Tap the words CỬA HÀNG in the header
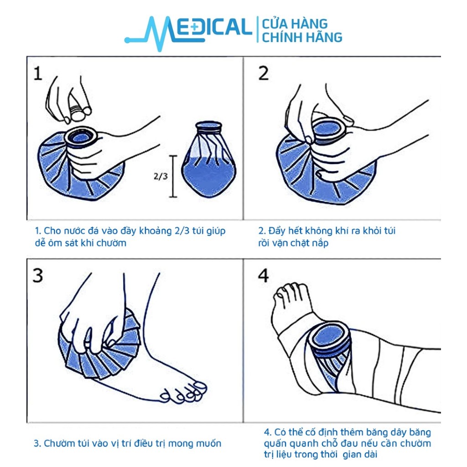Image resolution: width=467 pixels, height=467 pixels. pyautogui.click(x=295, y=24)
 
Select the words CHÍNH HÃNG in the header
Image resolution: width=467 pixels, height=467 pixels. pyautogui.click(x=302, y=37)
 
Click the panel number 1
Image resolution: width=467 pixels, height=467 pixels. pyautogui.click(x=38, y=73)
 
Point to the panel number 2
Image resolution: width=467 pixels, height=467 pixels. pyautogui.click(x=263, y=73)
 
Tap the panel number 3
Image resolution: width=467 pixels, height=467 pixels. pyautogui.click(x=38, y=275)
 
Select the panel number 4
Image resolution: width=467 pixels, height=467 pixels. pyautogui.click(x=263, y=275)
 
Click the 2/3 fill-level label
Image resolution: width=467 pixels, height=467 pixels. pyautogui.click(x=161, y=176)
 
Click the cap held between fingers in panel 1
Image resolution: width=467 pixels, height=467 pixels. pyautogui.click(x=78, y=113)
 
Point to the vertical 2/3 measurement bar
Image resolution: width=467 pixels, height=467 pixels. pyautogui.click(x=173, y=176)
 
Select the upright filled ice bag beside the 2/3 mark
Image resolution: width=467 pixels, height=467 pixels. pyautogui.click(x=209, y=159)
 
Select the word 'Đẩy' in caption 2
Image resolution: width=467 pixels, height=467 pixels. pyautogui.click(x=275, y=231)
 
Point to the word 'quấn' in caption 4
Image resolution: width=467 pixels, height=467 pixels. pyautogui.click(x=275, y=443)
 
